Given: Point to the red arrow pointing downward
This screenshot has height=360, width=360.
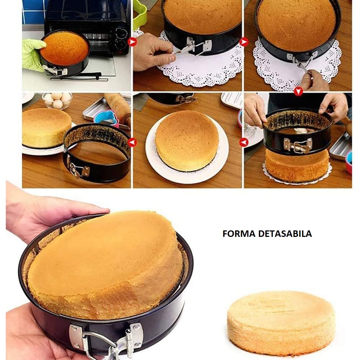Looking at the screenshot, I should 298,92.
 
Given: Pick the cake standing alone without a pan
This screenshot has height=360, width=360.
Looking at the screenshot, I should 281,322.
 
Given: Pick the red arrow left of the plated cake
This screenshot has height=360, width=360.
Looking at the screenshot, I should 132,143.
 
